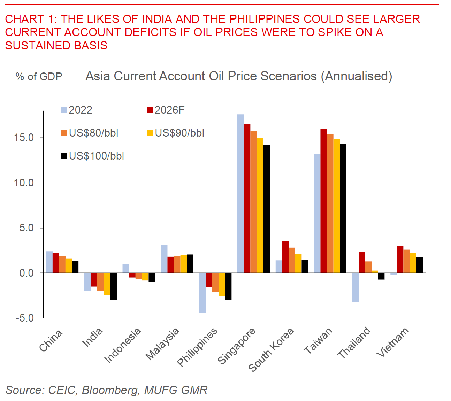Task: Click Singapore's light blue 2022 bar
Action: point(240,193)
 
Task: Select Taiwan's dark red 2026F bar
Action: point(323,201)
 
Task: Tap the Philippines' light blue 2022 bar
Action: point(202,293)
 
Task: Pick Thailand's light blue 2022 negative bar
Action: point(355,287)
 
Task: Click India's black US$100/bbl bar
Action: point(113,286)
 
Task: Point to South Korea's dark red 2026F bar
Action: point(285,257)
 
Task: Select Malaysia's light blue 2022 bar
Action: point(164,259)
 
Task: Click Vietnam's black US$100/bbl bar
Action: point(419,265)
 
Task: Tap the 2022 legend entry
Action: point(77,110)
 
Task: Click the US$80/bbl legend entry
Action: point(90,133)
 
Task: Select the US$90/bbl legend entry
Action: point(175,133)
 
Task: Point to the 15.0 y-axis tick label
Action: point(24,138)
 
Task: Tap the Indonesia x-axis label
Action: point(123,345)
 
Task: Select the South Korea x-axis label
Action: point(271,349)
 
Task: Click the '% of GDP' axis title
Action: point(39,77)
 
